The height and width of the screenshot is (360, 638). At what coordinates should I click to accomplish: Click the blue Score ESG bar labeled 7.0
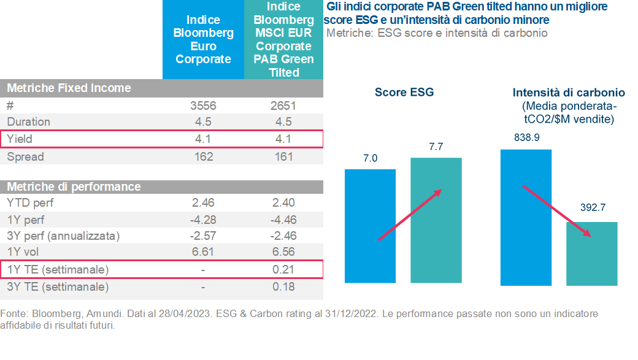click(x=370, y=228)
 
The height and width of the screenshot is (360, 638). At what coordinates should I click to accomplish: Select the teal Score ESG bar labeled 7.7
click(x=436, y=221)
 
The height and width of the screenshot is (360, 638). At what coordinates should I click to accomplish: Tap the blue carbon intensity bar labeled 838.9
click(x=526, y=218)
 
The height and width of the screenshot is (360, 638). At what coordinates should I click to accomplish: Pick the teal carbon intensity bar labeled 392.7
click(x=592, y=253)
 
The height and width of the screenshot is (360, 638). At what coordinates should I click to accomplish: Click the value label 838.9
click(x=526, y=138)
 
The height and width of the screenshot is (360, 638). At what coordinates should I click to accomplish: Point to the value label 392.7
click(x=593, y=208)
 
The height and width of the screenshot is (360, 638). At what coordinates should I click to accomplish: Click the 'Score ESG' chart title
click(x=404, y=93)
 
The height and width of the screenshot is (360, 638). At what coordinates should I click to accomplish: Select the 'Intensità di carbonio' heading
click(x=569, y=93)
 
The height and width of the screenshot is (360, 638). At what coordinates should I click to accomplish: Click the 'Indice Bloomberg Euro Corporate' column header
click(x=203, y=40)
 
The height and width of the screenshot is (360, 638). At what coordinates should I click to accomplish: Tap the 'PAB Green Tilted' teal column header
click(x=283, y=40)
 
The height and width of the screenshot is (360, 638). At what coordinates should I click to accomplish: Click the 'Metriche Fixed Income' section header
click(x=69, y=88)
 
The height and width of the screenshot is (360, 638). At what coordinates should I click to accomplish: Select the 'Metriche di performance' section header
click(x=74, y=186)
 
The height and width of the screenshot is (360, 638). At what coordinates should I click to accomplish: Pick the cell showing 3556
click(x=203, y=105)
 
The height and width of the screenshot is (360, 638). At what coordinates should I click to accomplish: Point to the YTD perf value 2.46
click(x=203, y=202)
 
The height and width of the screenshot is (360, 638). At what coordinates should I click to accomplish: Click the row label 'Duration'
click(x=29, y=122)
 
